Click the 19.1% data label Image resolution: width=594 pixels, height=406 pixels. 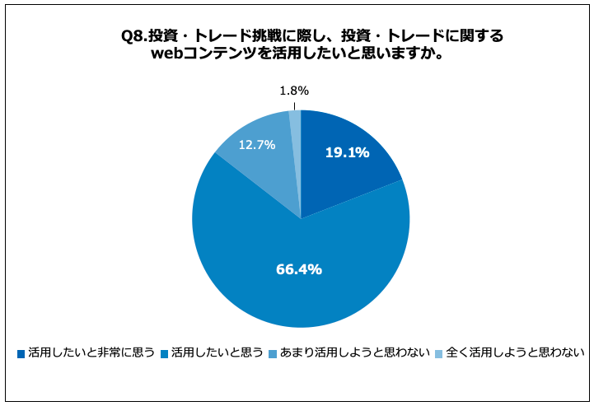(346, 152)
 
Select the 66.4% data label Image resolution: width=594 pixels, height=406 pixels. (297, 268)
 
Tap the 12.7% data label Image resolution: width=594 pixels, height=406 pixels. (257, 144)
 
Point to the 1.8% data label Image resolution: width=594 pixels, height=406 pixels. (294, 91)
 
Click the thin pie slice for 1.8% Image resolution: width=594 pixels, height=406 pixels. (296, 124)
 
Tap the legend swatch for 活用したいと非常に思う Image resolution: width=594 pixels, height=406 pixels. (21, 354)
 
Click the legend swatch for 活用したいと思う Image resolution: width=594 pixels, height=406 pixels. (165, 354)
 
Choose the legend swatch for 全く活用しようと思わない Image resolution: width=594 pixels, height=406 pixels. (439, 354)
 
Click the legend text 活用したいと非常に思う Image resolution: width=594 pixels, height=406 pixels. (91, 353)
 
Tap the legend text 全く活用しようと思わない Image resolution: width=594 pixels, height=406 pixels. (515, 353)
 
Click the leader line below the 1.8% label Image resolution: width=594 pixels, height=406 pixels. (294, 105)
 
